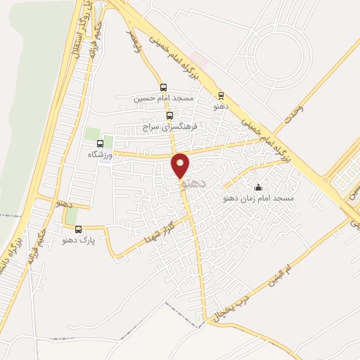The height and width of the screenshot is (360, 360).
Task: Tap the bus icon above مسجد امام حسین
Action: [164, 88]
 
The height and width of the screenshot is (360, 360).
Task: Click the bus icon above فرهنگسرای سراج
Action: [169, 116]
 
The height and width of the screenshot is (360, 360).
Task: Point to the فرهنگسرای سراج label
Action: [172, 128]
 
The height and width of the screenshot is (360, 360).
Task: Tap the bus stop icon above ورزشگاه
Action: [99, 143]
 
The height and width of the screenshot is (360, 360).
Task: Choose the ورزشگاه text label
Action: [100, 154]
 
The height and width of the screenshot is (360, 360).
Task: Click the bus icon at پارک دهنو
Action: [78, 229]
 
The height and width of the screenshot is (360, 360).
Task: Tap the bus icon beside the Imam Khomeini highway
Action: [221, 95]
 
